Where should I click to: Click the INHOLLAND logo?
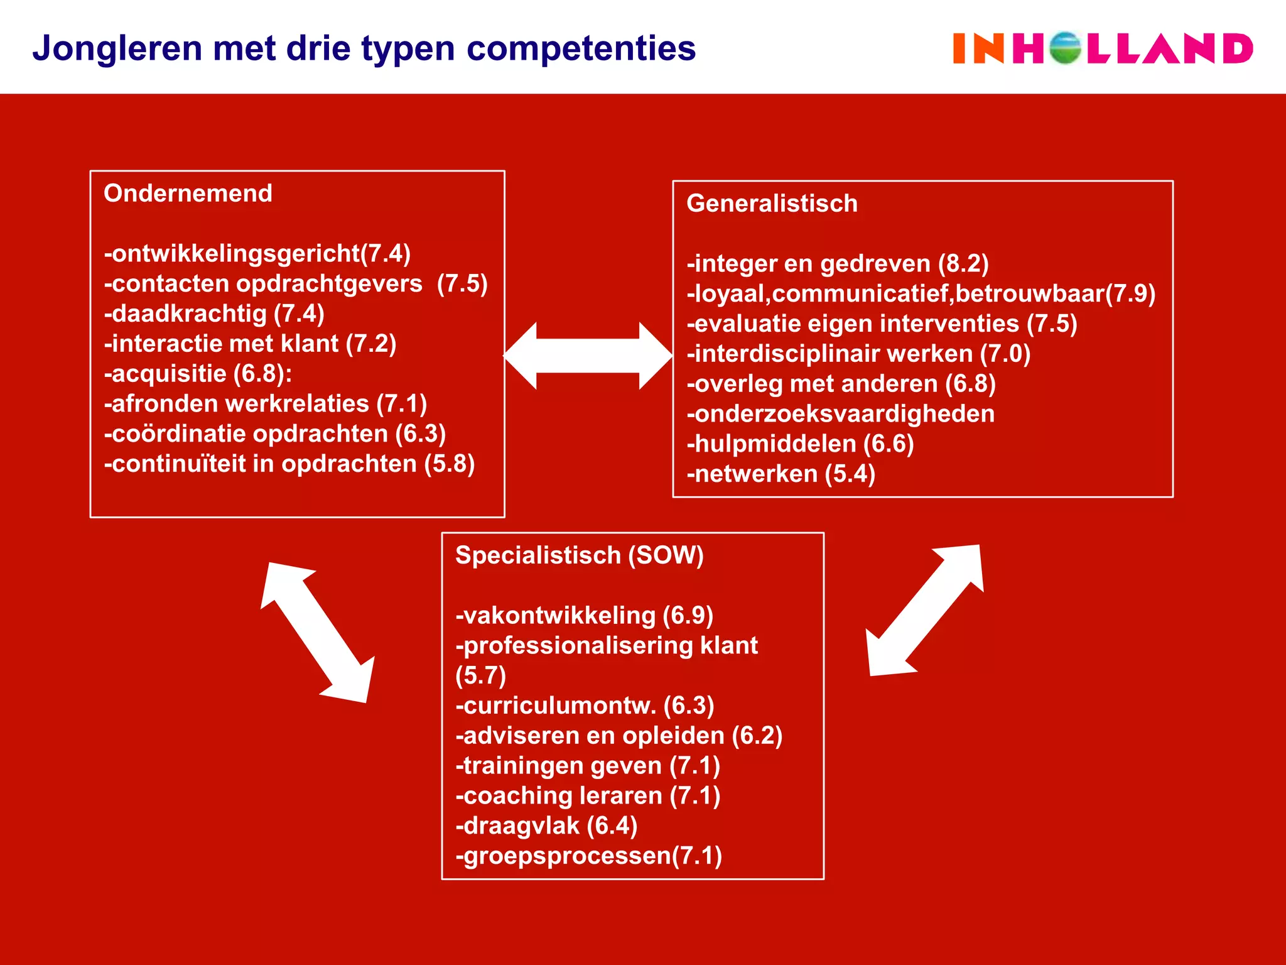[1103, 48]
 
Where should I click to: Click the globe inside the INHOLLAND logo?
[1065, 48]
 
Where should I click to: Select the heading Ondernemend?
[188, 194]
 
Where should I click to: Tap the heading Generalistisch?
[772, 204]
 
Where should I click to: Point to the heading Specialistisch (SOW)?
[579, 555]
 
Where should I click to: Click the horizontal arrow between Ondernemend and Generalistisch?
[588, 356]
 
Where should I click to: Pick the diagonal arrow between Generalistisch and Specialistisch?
[925, 610]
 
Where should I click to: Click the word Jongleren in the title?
[117, 48]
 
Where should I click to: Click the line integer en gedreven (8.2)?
[838, 264]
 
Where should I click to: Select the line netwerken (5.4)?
[781, 474]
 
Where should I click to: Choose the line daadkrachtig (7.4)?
[214, 313]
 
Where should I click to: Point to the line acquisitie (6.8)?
[198, 374]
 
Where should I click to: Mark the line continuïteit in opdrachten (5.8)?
[289, 464]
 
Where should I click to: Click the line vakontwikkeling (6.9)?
[584, 616]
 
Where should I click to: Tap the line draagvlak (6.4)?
[546, 826]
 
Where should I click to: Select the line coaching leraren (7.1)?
[588, 796]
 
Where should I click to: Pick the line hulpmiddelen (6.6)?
[800, 444]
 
